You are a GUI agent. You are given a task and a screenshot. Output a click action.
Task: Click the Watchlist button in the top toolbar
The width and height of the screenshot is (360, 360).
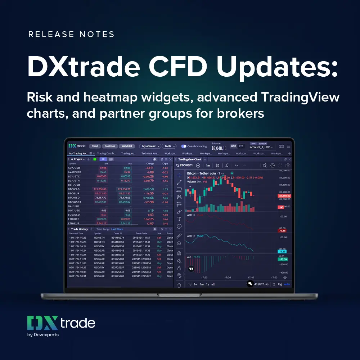point(127,146)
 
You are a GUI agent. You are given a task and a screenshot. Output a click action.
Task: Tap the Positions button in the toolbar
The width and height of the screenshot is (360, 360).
point(110,146)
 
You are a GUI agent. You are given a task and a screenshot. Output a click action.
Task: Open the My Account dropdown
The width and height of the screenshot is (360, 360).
point(150,146)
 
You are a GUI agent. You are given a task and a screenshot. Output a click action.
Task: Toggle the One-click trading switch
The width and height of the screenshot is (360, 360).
point(184,146)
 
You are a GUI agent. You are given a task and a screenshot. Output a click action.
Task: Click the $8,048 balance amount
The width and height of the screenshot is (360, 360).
point(219,148)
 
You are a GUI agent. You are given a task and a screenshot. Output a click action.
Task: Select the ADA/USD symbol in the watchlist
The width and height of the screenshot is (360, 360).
point(75,168)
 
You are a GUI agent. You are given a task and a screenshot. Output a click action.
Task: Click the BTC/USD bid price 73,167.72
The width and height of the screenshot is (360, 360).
point(100,198)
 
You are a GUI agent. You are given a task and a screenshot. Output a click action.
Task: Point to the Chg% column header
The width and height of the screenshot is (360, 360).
point(165,163)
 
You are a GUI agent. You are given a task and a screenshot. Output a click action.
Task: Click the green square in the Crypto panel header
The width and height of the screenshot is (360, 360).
point(95,159)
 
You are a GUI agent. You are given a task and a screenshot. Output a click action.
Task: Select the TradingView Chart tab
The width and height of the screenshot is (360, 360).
point(190,159)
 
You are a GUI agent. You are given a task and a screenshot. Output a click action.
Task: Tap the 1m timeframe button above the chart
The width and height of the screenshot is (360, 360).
point(208,166)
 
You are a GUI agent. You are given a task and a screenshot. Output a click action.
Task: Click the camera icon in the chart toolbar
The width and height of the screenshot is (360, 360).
point(288,166)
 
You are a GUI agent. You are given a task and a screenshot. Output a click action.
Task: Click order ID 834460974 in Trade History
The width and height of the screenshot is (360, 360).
point(118,238)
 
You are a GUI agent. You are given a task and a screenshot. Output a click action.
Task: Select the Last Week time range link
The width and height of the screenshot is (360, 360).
point(117,229)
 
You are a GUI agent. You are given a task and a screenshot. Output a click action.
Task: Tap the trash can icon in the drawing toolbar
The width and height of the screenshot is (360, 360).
point(179,285)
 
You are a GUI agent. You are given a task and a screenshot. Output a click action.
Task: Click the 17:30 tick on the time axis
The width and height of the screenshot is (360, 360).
point(228,278)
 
